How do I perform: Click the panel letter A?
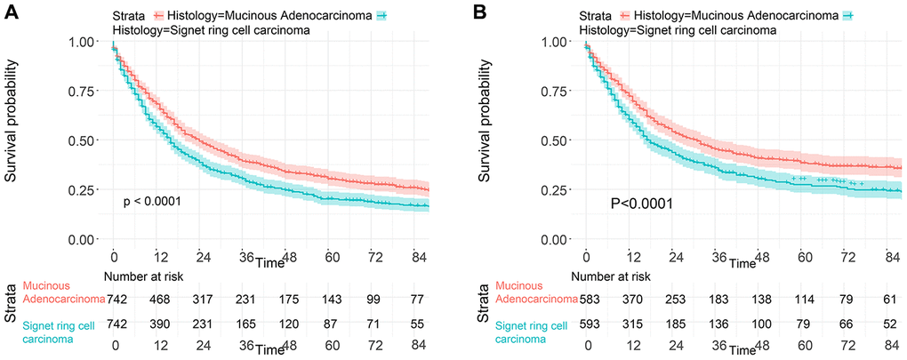11,12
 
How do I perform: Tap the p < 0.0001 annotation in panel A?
152,202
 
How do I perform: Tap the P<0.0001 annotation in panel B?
640,204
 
